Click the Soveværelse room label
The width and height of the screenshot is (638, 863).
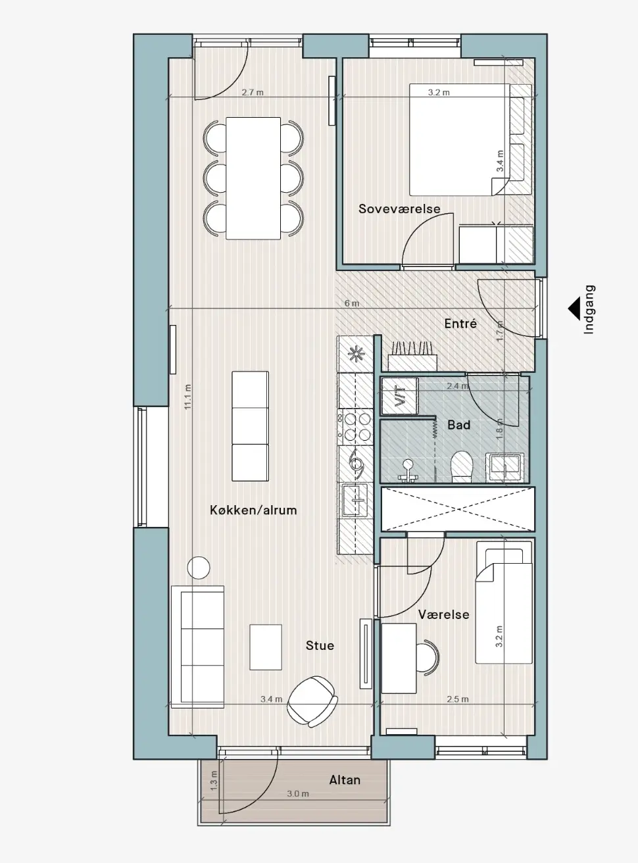399,209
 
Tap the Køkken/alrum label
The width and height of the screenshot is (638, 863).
253,510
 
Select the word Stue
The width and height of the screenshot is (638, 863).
320,645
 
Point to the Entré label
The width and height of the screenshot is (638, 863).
460,324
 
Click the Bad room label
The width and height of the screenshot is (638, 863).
459,425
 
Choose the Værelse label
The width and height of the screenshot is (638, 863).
443,614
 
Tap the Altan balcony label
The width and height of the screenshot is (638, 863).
345,780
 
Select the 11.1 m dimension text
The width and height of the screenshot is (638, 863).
188,397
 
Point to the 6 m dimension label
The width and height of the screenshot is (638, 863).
352,303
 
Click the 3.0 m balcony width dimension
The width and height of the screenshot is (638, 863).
298,793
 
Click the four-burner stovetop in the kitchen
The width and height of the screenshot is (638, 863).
355,426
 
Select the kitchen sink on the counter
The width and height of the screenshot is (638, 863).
355,500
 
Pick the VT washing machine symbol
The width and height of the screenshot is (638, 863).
400,396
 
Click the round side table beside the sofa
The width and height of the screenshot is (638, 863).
199,568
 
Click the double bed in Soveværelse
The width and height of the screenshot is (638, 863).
460,139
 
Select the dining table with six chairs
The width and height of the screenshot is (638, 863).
253,178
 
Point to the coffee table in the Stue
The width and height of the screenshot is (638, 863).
266,647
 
